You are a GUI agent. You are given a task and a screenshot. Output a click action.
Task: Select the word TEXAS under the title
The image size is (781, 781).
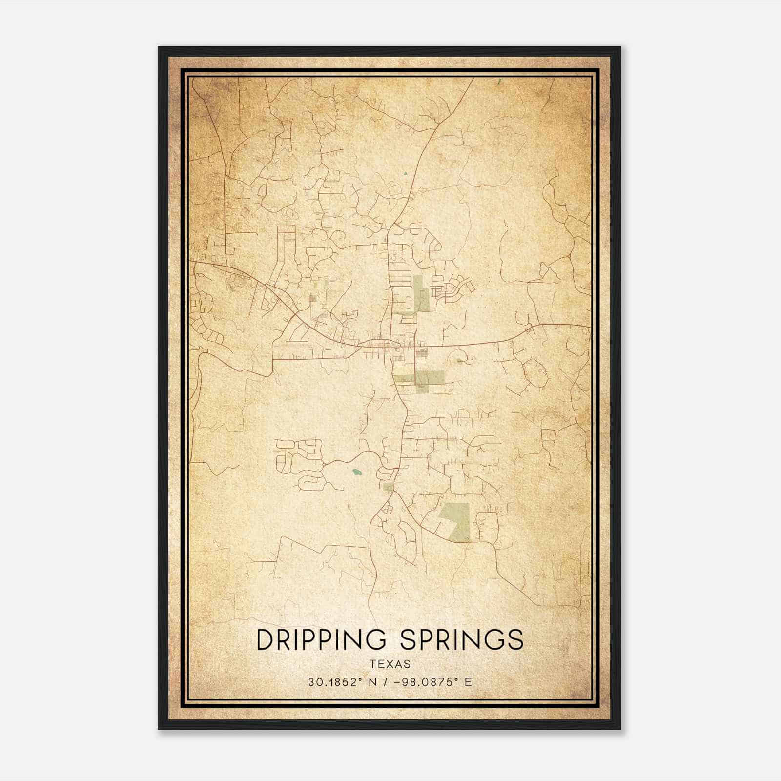point(390,664)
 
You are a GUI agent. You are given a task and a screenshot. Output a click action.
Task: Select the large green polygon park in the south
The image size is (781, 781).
point(456,521)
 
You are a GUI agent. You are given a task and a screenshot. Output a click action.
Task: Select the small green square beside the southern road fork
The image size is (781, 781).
point(388,487)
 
